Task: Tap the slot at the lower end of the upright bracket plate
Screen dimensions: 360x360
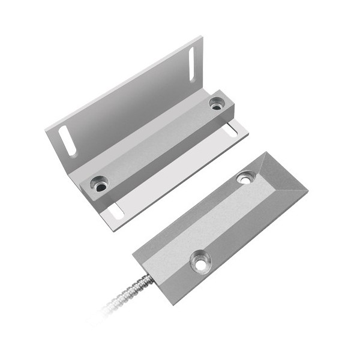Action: tap(67, 142)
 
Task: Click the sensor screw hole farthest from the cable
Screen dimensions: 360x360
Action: tap(245, 177)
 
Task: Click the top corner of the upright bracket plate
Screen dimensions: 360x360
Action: tap(202, 41)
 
